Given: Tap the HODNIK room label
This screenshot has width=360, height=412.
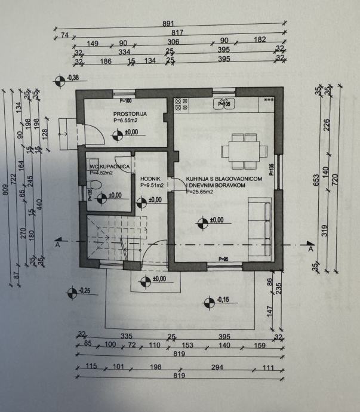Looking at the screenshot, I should [x=149, y=178].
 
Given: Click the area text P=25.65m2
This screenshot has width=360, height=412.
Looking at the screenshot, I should [x=201, y=192].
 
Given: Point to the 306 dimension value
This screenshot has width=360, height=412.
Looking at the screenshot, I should [x=173, y=42].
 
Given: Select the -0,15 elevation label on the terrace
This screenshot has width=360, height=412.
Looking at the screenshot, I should [x=221, y=300].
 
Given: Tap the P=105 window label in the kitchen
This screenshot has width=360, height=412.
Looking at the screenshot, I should [x=224, y=104].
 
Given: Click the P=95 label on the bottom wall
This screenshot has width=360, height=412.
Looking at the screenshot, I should [x=224, y=259].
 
